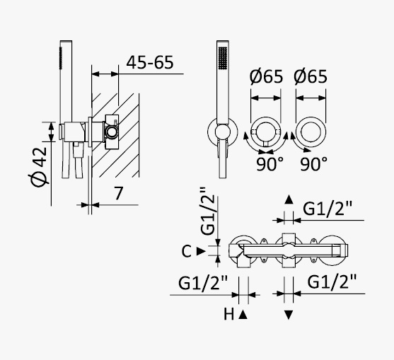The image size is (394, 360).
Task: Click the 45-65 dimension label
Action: tap(150, 62)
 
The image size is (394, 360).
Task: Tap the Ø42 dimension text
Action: tap(39, 167)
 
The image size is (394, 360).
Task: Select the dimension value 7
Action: tap(118, 193)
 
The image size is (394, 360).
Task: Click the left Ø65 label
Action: tap(266, 76)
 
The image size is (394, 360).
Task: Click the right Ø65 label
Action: tap(311, 76)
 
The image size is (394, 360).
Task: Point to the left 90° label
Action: tap(270, 163)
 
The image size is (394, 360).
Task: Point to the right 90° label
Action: tap(314, 163)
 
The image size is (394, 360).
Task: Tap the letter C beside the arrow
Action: tap(187, 251)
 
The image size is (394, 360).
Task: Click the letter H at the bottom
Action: tap(228, 314)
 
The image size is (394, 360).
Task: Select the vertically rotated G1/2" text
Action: tap(208, 211)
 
